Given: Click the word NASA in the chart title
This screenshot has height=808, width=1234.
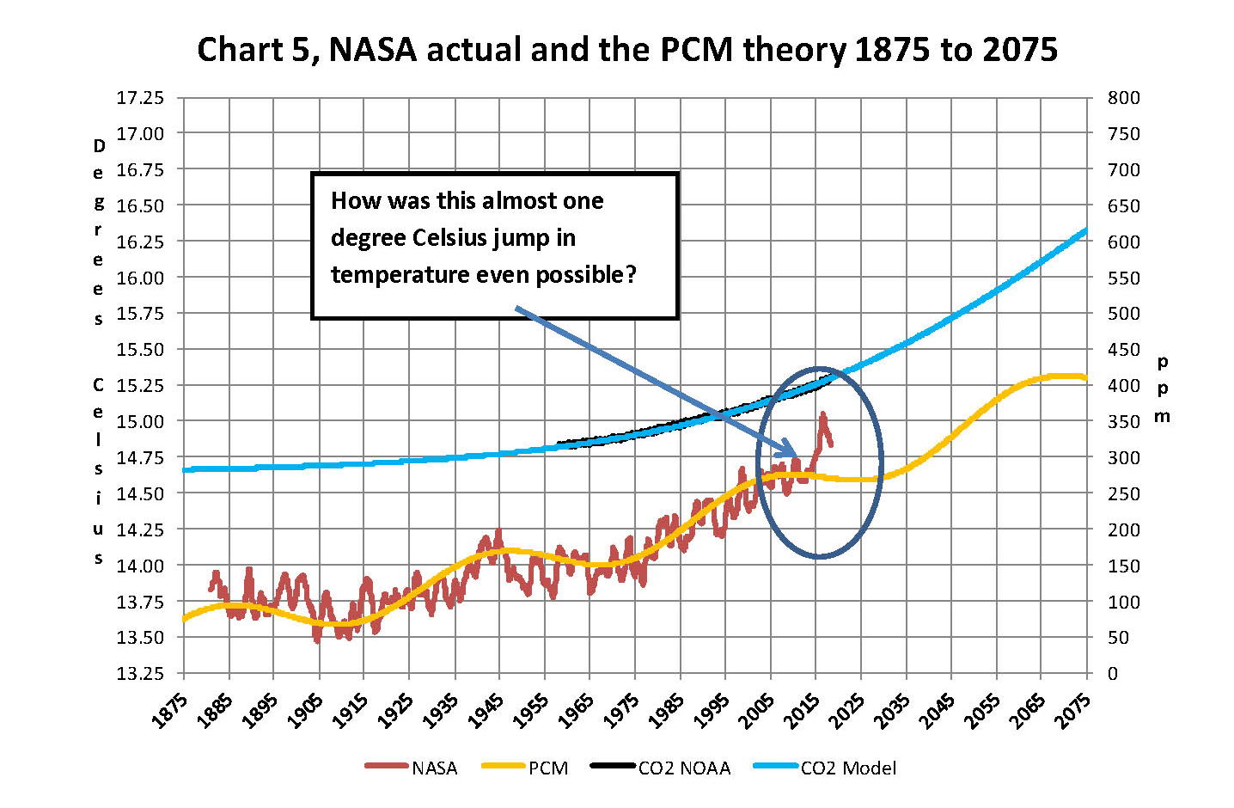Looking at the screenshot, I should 373,50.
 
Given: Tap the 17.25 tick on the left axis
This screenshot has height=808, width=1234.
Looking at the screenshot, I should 139,97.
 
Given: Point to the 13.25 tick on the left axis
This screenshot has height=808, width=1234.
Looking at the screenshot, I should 139,673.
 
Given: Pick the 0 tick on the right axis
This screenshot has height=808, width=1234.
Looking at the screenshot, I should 1113,673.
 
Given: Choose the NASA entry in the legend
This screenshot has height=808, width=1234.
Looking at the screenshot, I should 434,768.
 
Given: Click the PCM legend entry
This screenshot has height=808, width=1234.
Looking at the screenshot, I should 547,768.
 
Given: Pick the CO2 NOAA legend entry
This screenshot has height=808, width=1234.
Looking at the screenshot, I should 683,768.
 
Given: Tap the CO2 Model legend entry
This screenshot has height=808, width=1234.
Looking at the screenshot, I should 847,768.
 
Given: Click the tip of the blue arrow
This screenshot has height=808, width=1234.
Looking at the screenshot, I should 795,456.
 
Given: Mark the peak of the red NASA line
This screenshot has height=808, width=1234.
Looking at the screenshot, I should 822,413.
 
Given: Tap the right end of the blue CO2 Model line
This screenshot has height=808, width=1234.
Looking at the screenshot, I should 1087,230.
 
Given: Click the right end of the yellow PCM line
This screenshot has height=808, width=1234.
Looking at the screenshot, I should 1087,378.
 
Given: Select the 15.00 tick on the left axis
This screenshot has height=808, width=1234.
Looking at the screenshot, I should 139,421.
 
